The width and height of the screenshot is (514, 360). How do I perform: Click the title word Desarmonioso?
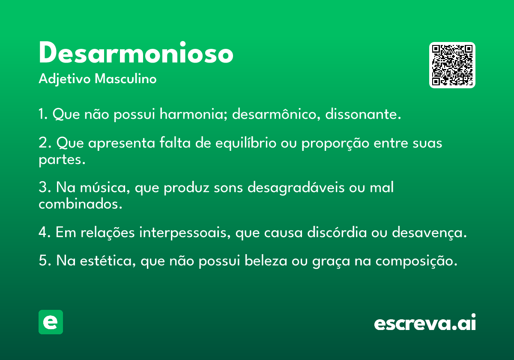coord(136,52)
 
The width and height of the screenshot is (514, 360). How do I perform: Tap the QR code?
coord(452,65)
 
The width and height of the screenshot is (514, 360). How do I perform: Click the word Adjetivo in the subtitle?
coord(65,79)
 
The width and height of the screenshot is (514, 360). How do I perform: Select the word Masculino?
coord(126,78)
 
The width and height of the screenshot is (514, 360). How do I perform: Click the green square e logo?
coord(51,322)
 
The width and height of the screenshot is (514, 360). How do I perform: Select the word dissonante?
coord(363,114)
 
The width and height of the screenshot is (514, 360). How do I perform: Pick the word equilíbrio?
coord(246,143)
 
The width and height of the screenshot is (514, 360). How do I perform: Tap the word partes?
coord(62,160)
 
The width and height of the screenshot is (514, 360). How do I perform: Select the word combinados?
coord(81,204)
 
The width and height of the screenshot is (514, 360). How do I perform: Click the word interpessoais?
coord(185,233)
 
